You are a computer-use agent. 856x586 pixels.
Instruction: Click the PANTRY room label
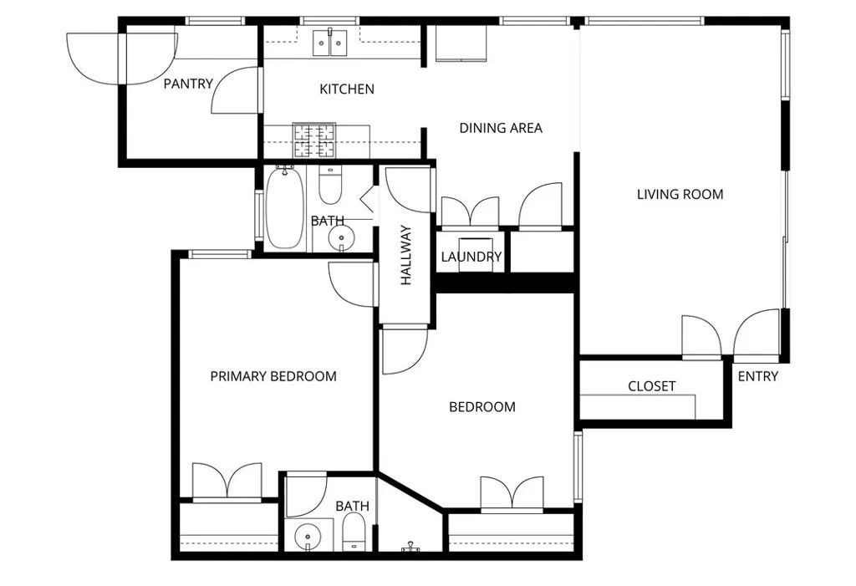[188, 84]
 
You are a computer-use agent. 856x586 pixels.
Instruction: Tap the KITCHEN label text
[347, 89]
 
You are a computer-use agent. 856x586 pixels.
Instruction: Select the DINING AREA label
[501, 128]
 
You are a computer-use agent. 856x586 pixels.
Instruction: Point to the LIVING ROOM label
[680, 195]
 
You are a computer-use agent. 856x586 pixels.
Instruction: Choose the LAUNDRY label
[471, 257]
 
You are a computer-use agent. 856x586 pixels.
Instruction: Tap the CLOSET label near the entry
[651, 386]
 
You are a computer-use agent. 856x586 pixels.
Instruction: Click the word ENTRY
[757, 376]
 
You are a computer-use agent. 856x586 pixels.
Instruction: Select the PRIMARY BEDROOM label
[273, 376]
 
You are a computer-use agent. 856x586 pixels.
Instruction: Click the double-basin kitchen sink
[330, 43]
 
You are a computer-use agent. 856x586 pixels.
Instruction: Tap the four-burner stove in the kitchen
[313, 140]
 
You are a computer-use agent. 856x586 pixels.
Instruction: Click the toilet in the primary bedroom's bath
[354, 532]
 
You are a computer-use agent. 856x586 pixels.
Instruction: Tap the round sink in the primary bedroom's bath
[307, 535]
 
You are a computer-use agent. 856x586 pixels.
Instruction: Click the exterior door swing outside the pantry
[94, 57]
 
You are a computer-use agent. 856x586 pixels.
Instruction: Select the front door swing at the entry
[757, 333]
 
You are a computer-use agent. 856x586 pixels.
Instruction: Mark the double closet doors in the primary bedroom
[227, 482]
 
